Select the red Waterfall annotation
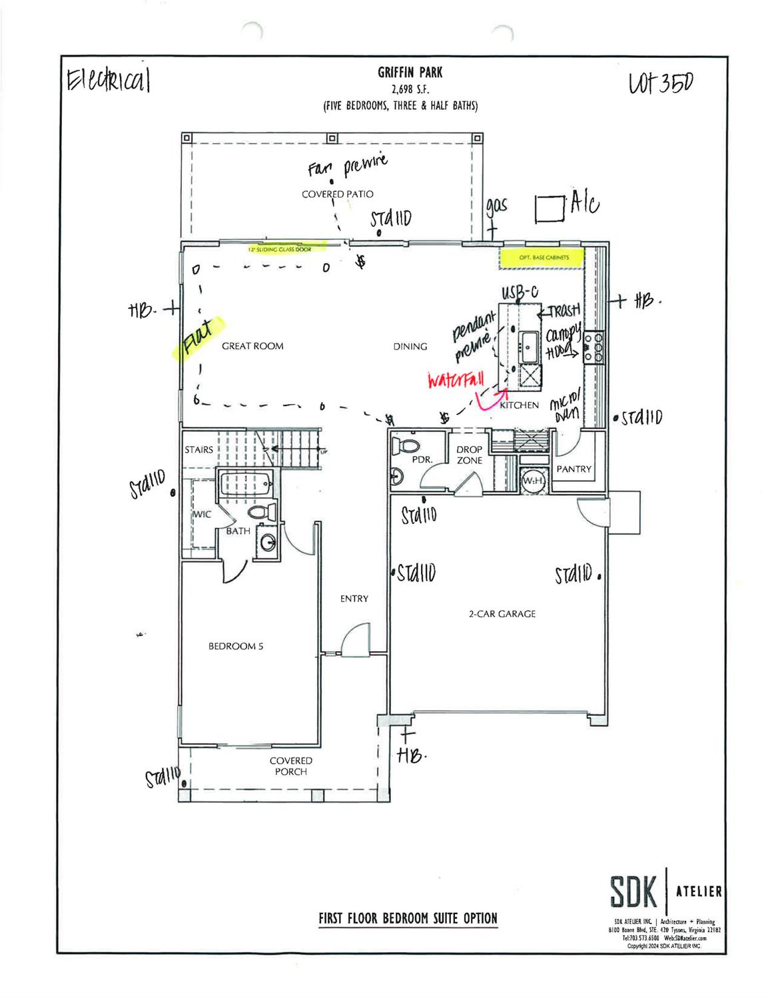pyautogui.click(x=456, y=382)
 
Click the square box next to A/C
pyautogui.click(x=550, y=208)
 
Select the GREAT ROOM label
pyautogui.click(x=252, y=346)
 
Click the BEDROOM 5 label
pyautogui.click(x=236, y=646)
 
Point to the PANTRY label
pyautogui.click(x=574, y=469)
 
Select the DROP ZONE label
pyautogui.click(x=469, y=455)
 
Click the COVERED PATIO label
pyautogui.click(x=337, y=194)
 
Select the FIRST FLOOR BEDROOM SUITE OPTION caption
pyautogui.click(x=408, y=919)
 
